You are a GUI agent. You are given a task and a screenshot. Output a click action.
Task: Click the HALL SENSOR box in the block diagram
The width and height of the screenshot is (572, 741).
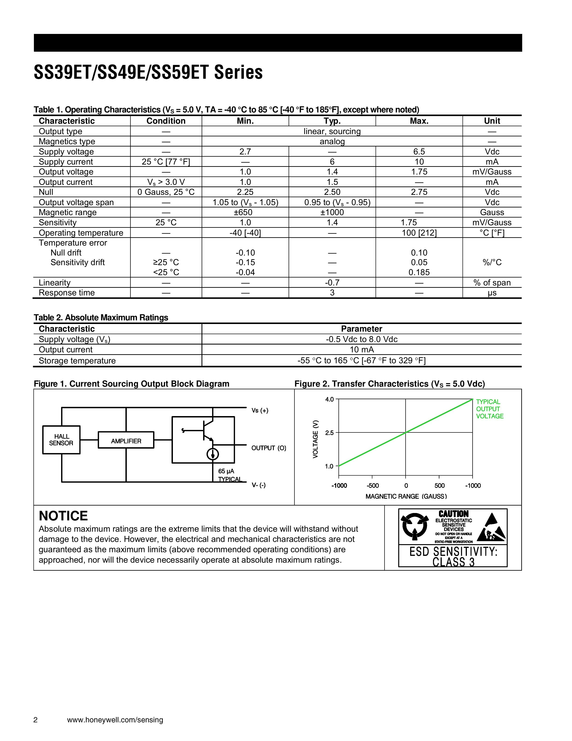click(61, 440)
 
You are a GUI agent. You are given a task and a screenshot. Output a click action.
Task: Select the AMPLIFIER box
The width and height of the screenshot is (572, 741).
click(126, 441)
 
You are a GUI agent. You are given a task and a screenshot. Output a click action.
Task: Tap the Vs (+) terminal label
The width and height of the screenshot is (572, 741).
click(260, 411)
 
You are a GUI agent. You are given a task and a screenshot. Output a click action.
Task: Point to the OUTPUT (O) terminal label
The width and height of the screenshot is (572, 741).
click(269, 448)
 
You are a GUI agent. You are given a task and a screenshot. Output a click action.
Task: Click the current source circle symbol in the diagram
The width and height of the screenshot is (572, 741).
click(213, 454)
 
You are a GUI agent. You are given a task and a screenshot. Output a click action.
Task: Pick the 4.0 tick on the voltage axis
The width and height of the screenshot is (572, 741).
click(329, 399)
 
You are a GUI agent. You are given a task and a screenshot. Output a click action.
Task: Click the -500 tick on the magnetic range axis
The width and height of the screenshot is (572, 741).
click(373, 486)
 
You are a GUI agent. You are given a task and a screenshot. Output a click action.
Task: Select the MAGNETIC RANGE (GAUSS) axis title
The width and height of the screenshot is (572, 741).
click(406, 496)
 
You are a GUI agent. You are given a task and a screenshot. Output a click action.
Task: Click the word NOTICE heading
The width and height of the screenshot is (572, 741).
click(63, 516)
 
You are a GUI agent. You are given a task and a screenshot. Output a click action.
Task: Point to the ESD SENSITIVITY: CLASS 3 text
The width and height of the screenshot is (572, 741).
click(453, 556)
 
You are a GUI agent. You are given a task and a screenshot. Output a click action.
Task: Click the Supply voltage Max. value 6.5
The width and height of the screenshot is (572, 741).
click(419, 152)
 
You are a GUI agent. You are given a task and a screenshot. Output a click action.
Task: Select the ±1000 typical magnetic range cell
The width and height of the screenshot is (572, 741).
click(332, 212)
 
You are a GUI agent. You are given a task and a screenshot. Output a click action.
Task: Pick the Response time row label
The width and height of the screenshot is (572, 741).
click(67, 293)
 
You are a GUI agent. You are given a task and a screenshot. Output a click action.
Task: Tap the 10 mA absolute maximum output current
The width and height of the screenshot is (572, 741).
click(362, 350)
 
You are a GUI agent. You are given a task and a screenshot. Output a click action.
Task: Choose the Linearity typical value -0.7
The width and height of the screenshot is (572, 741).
click(332, 283)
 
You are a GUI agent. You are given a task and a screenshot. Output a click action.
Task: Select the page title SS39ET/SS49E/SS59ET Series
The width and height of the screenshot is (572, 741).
click(148, 73)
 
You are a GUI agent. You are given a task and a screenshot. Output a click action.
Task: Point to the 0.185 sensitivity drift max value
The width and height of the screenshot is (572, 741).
click(419, 273)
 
